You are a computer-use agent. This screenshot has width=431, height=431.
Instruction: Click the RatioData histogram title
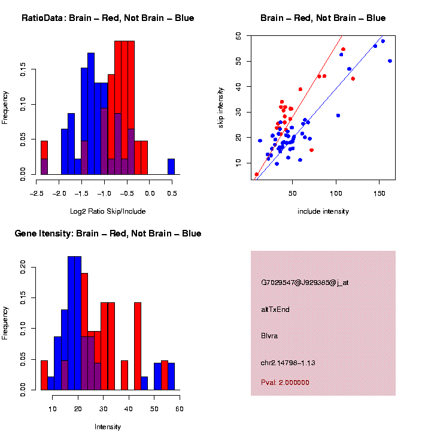[108, 18]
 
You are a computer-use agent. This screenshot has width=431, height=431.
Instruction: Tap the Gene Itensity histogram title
[108, 233]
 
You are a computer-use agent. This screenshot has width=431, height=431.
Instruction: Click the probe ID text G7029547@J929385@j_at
[305, 283]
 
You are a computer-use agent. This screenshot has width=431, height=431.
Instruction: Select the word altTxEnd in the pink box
[275, 309]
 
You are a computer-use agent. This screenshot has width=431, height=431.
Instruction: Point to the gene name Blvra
[269, 336]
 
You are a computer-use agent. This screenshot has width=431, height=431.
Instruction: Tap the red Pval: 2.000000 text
[285, 383]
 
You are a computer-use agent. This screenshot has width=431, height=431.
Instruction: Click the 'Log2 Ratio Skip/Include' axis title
[108, 211]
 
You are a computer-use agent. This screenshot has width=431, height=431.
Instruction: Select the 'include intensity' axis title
[323, 211]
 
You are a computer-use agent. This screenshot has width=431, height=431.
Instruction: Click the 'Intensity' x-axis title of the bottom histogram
[108, 427]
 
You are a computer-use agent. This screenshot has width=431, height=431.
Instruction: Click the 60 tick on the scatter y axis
[238, 36]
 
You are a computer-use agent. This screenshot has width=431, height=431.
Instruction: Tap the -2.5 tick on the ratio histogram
[37, 194]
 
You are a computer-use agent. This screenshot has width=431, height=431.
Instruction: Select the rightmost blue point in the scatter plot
[390, 61]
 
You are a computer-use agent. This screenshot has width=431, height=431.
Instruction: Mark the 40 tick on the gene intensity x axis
[129, 409]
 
